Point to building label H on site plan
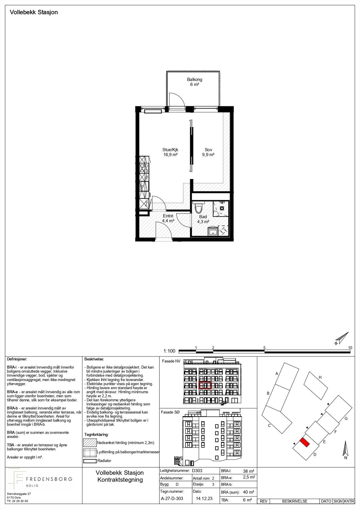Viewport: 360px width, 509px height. coord(320,377)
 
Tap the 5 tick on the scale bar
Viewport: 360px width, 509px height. coord(264,348)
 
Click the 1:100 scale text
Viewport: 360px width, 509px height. coord(170,351)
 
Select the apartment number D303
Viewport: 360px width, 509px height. coord(197,471)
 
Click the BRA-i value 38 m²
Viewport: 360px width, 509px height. coord(248,471)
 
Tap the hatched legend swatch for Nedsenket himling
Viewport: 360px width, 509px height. coord(90,443)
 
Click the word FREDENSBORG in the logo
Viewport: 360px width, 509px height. coord(49,479)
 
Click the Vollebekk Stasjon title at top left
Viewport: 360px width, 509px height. coord(34,12)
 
